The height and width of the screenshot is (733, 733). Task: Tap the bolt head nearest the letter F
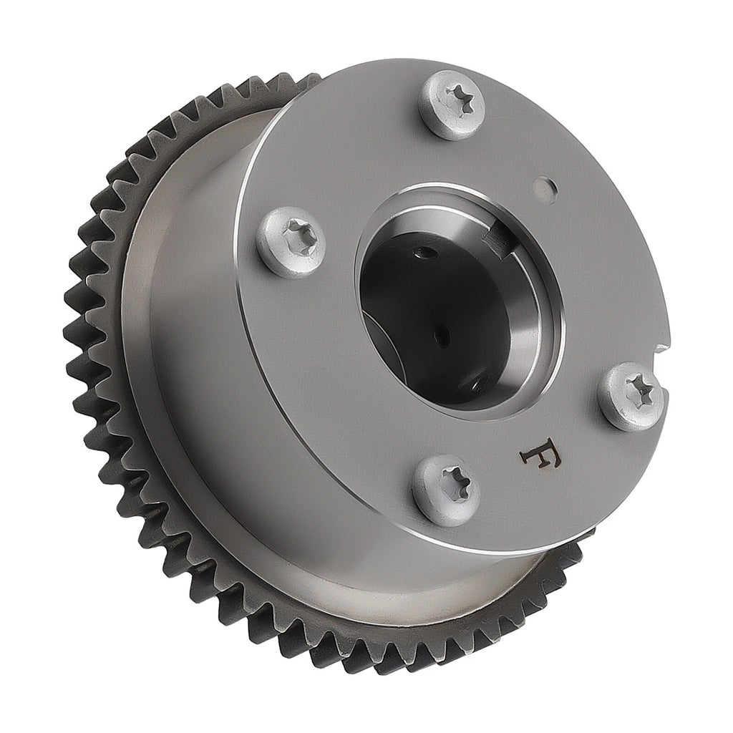[x=447, y=490]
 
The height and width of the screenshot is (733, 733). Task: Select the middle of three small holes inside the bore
[x=442, y=335]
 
